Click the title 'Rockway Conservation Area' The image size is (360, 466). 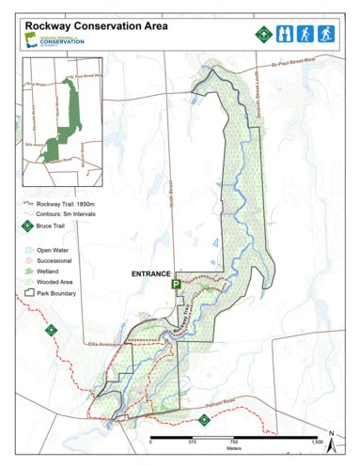point(97,26)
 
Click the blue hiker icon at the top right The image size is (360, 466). point(304,35)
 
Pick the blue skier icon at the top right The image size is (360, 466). point(326,35)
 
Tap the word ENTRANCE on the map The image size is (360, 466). point(149,272)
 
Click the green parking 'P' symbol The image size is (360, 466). point(176,283)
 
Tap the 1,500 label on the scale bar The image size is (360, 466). point(316,442)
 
